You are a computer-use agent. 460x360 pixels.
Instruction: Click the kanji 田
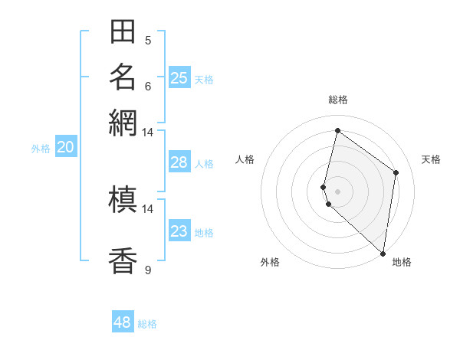coord(123,32)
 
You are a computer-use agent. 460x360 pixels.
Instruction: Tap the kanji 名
coord(123,77)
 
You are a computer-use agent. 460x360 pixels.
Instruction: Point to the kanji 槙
coord(123,201)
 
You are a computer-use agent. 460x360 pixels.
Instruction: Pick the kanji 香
coord(123,260)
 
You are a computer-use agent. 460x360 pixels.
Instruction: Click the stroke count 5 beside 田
coord(148,41)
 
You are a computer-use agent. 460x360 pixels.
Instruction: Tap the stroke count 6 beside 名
coord(148,86)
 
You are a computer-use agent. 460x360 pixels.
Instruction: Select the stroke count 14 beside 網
coord(148,132)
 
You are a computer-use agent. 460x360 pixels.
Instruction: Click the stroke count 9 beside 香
coord(148,270)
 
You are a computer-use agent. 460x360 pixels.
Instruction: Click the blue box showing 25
coord(179,77)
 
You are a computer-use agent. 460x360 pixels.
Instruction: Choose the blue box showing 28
coord(179,162)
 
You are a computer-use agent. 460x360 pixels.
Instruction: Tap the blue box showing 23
coord(179,231)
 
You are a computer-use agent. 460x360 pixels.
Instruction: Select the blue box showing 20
coord(65,148)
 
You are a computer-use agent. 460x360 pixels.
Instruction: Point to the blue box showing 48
coord(123,322)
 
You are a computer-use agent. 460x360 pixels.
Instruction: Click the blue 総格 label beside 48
coord(147,324)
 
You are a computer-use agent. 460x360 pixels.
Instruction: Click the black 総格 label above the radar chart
coord(338,100)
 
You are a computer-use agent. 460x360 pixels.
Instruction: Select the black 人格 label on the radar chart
coord(245,159)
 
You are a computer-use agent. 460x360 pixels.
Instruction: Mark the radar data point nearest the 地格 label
coord(383,254)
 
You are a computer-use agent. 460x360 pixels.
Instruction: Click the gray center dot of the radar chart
coord(337,191)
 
